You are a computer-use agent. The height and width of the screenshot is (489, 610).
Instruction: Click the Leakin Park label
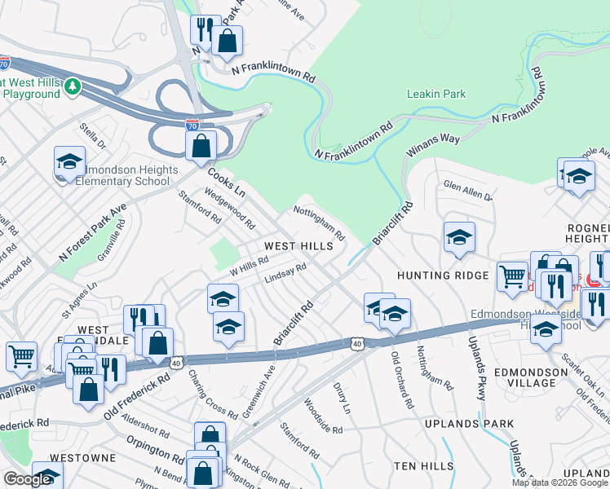tap(436, 94)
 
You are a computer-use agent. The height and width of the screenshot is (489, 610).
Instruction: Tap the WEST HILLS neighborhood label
tap(298, 245)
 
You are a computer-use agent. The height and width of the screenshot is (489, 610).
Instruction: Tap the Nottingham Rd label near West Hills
tap(319, 222)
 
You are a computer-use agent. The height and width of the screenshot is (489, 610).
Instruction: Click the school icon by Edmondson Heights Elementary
tap(70, 161)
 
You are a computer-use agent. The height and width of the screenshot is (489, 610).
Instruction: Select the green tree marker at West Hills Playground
tap(73, 85)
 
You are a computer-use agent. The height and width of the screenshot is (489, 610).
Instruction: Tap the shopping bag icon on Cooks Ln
tap(201, 147)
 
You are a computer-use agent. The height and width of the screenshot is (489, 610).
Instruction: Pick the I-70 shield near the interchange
tap(192, 126)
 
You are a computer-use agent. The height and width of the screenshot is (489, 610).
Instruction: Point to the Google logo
tap(28, 479)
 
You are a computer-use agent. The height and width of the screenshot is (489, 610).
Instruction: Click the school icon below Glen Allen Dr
tap(460, 236)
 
